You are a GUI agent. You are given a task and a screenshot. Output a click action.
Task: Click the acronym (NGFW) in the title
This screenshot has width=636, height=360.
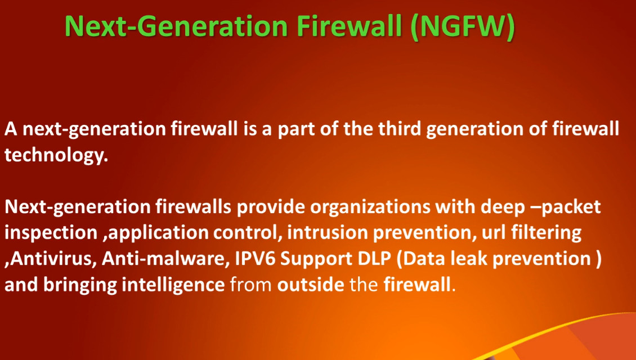pos(463,27)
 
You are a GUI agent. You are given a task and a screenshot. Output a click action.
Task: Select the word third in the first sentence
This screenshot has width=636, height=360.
pos(400,129)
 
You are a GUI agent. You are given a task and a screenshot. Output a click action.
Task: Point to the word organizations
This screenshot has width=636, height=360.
pos(370,207)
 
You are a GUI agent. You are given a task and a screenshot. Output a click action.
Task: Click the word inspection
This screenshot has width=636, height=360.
pos(51,233)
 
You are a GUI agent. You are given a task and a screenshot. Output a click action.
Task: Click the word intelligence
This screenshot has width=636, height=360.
pos(173,285)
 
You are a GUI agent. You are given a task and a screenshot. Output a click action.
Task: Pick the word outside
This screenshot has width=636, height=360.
pos(311,285)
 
